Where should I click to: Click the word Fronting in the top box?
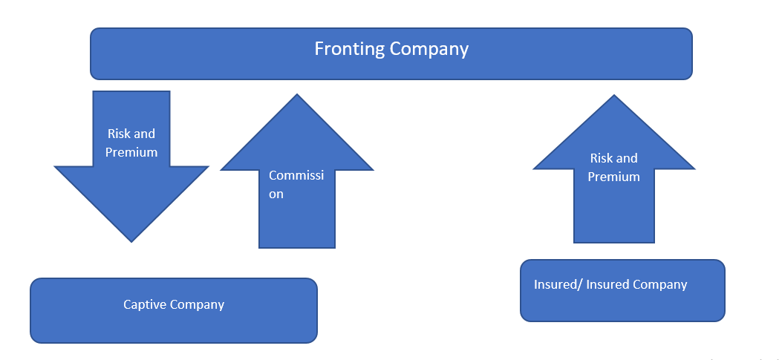350,50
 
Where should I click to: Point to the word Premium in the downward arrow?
131,153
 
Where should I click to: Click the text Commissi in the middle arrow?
296,176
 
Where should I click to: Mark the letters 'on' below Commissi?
276,194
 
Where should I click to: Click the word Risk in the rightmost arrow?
602,158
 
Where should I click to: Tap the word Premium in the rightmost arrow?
614,177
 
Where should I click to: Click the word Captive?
146,304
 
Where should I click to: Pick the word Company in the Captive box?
197,305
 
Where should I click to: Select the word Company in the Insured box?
661,285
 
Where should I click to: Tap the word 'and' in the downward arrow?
145,134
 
